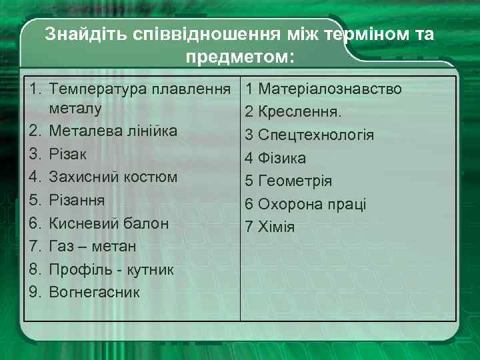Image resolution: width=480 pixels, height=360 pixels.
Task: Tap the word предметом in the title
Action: point(238,57)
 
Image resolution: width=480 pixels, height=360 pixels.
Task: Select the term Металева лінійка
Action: point(113,131)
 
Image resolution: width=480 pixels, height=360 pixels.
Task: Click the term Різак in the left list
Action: point(68,154)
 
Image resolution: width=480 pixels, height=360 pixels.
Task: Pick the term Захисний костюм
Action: point(113,177)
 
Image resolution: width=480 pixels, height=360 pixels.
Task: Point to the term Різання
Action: point(77,200)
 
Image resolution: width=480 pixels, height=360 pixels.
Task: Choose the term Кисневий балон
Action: point(109,223)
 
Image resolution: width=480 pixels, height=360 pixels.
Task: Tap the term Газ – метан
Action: point(93,247)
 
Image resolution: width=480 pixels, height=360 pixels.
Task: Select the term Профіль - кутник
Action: point(111,269)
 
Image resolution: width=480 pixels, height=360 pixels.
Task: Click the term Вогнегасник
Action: point(95,293)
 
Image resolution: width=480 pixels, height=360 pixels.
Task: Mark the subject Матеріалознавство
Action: point(329,89)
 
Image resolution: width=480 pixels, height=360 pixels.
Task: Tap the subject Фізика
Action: point(282,158)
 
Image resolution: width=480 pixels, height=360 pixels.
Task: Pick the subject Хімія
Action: point(276,227)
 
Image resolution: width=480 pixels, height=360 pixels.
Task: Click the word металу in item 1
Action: point(75,108)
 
